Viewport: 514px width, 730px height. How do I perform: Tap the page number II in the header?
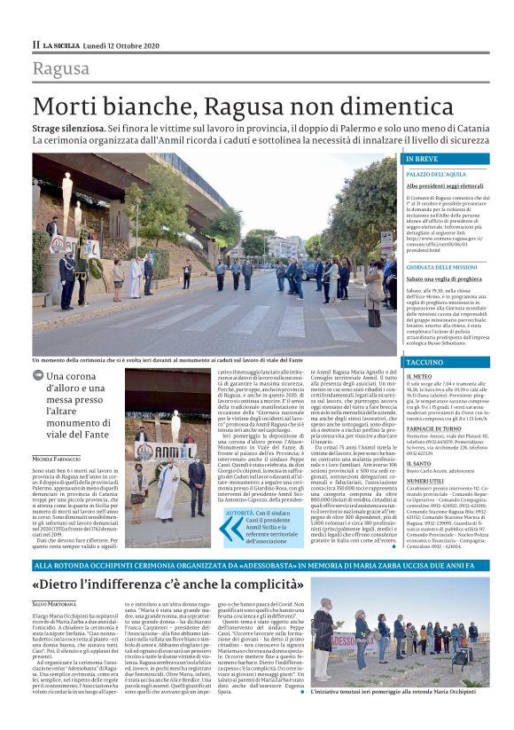pos(36,44)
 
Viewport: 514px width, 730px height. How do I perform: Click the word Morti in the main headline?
pos(69,106)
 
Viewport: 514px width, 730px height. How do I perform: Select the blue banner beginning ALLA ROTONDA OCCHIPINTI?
pos(214,564)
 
